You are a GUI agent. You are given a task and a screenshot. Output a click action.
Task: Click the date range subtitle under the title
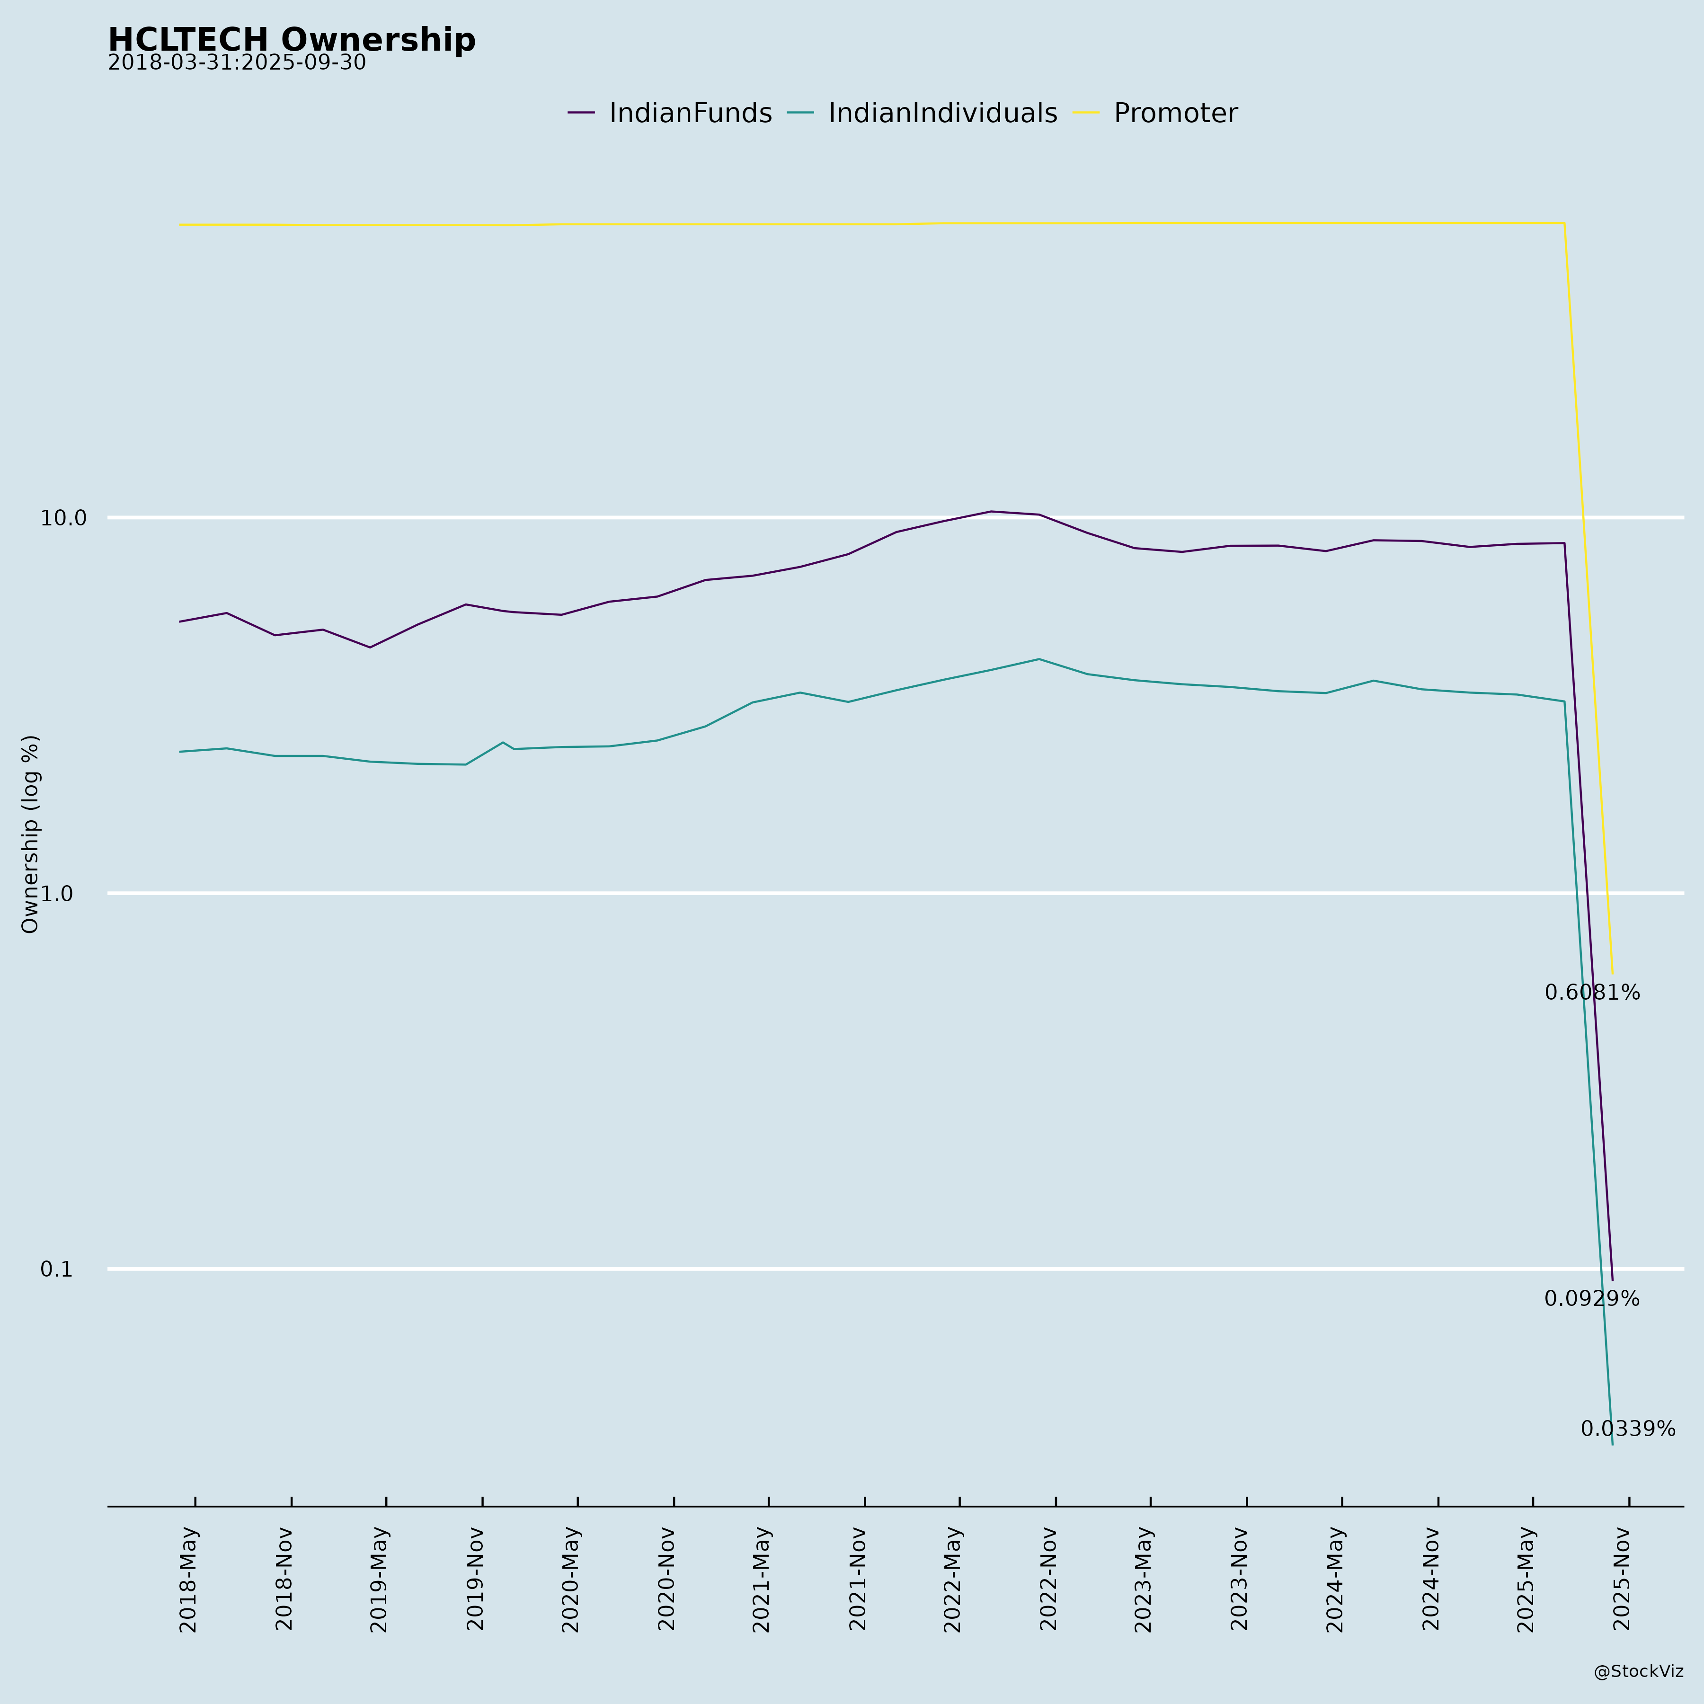236,63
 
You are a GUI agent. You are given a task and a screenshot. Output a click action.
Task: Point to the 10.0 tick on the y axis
63,518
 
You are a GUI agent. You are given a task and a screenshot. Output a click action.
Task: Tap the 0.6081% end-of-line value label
1592,993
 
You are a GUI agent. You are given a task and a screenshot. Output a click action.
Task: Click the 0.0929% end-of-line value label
1592,1299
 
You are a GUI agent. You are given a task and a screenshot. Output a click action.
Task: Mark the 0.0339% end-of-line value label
1627,1429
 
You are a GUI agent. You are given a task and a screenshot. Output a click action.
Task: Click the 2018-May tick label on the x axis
189,1579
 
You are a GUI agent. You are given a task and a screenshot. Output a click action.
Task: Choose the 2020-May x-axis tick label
571,1579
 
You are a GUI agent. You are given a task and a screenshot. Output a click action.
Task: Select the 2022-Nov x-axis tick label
1049,1579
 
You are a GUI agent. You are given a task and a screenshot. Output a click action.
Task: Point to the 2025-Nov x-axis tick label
1622,1579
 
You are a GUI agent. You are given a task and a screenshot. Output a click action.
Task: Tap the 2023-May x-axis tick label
1144,1579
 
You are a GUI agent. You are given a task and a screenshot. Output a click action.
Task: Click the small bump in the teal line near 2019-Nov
503,743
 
